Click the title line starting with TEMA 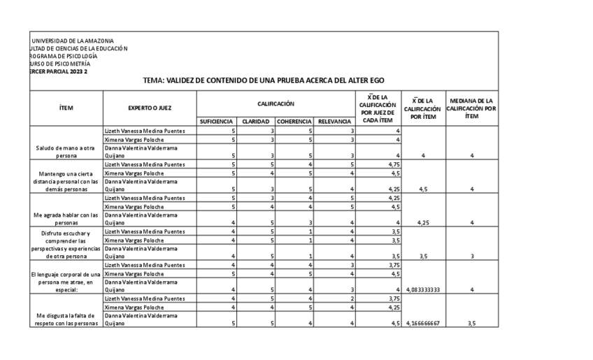click(x=264, y=80)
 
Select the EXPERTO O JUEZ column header click(x=150, y=108)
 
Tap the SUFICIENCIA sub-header click(x=216, y=122)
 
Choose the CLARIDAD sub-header click(x=256, y=122)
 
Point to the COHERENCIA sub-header click(x=294, y=122)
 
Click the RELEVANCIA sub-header click(x=334, y=122)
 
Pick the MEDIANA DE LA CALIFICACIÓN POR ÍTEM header click(x=472, y=108)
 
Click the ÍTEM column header click(x=66, y=108)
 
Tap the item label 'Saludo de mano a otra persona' click(x=66, y=152)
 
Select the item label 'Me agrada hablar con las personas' click(x=66, y=219)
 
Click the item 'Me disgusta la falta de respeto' click(x=66, y=319)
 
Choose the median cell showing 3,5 click(x=472, y=324)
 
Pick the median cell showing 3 click(x=472, y=256)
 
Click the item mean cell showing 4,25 click(x=423, y=222)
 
